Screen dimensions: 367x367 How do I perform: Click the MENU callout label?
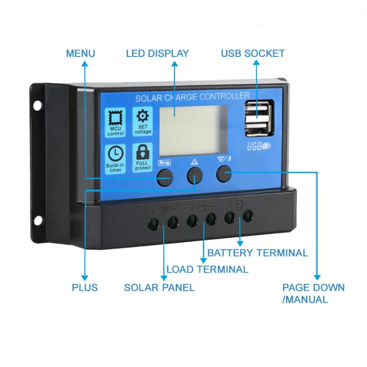(80, 53)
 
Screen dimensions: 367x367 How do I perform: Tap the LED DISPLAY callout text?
(157, 53)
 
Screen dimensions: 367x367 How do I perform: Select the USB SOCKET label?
(253, 53)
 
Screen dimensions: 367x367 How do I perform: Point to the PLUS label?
(84, 288)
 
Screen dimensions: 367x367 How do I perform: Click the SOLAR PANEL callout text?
(159, 288)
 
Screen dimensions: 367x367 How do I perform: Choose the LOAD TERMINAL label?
(207, 269)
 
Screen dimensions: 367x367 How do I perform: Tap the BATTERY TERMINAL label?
(257, 253)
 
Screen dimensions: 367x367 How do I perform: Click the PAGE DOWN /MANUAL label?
(313, 294)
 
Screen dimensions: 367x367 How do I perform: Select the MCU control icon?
(116, 123)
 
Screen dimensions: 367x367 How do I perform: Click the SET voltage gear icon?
(143, 122)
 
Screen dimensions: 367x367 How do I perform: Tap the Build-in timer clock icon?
(116, 158)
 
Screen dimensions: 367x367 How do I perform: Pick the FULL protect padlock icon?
(143, 157)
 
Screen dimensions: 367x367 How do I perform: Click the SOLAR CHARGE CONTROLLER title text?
(192, 97)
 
